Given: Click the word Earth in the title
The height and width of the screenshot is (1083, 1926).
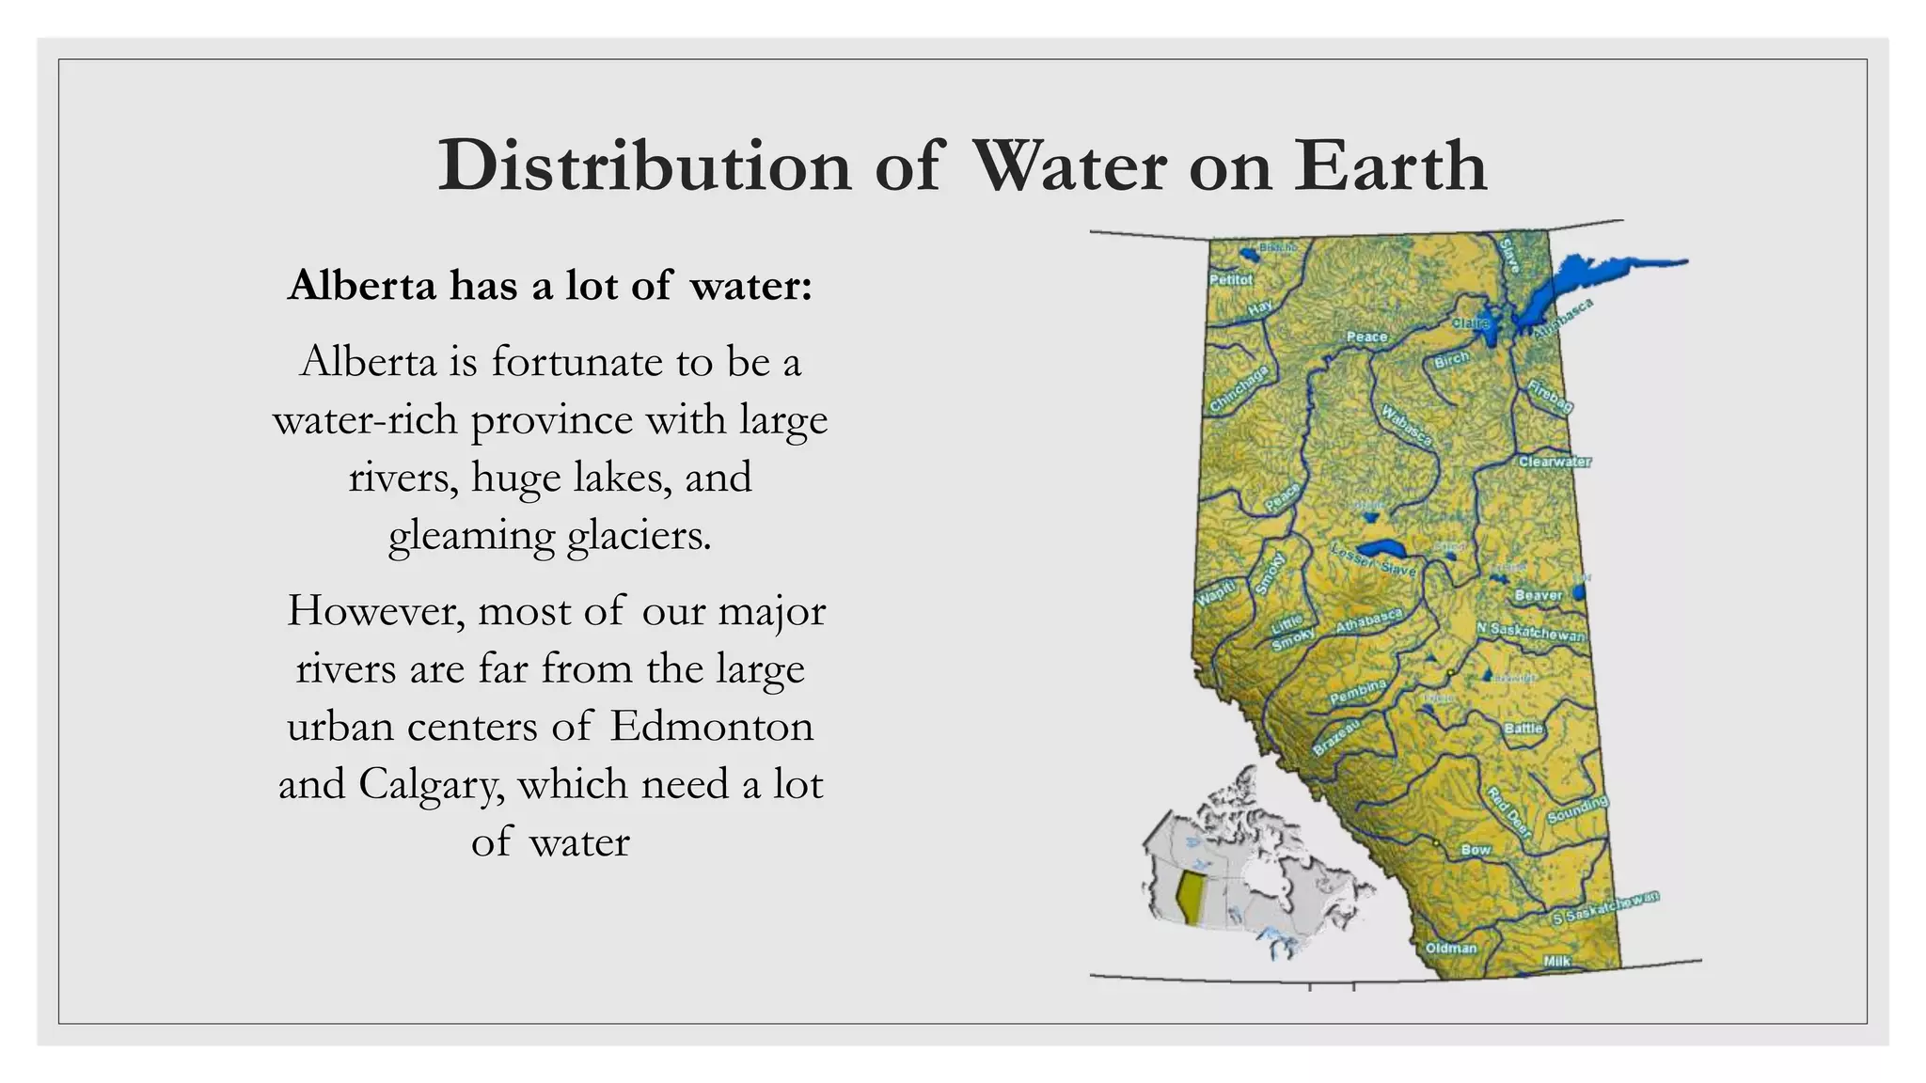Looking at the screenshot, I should pyautogui.click(x=1390, y=166).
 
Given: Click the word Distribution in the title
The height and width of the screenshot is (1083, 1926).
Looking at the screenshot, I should pyautogui.click(x=644, y=166).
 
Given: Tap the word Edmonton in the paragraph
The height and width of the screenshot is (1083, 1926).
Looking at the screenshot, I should pyautogui.click(x=711, y=726).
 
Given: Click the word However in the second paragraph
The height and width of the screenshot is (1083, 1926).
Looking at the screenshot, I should pyautogui.click(x=376, y=611).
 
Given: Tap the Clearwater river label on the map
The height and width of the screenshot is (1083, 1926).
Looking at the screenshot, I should pyautogui.click(x=1555, y=462).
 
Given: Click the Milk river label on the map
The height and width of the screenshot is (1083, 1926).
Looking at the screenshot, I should pyautogui.click(x=1556, y=961).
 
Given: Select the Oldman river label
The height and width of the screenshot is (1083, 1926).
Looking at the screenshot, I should pyautogui.click(x=1450, y=948).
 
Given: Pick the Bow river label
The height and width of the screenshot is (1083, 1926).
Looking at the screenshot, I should pyautogui.click(x=1475, y=850).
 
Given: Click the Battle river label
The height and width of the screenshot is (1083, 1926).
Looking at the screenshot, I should pyautogui.click(x=1523, y=729).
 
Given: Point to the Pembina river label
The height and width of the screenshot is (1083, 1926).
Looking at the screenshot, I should pyautogui.click(x=1357, y=692).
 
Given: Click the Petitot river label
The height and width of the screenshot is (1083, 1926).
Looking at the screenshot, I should pyautogui.click(x=1230, y=280).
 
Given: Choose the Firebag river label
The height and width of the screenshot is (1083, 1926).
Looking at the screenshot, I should pyautogui.click(x=1549, y=398).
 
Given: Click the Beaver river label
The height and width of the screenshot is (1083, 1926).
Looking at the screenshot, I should pyautogui.click(x=1538, y=595).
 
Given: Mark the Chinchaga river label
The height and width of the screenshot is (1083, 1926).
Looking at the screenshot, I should pyautogui.click(x=1239, y=389).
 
